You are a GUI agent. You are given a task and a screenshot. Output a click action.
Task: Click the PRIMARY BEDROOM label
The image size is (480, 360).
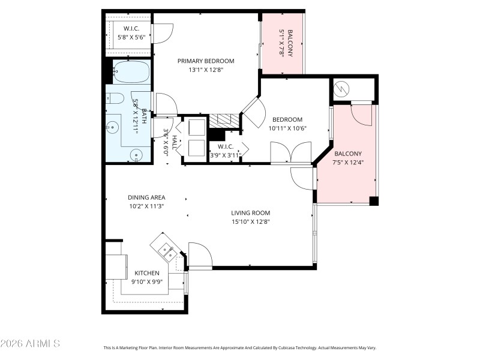205,61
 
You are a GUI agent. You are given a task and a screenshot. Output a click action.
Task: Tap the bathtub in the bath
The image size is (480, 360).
131,73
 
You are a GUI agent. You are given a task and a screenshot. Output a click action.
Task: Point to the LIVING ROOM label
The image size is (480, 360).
251,213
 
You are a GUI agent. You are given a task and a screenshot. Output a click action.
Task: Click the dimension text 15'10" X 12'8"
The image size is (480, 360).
251,221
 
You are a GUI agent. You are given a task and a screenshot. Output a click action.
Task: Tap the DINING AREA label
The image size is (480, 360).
146,197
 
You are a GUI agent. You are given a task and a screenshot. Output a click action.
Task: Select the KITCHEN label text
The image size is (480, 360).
146,273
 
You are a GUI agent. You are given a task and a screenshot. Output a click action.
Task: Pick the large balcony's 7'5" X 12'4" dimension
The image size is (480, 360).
348,162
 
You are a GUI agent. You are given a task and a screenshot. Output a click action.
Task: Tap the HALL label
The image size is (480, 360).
174,142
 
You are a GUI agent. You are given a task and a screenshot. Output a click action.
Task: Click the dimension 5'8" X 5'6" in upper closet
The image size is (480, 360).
131,37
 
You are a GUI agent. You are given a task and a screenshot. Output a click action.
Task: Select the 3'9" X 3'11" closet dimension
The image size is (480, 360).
226,155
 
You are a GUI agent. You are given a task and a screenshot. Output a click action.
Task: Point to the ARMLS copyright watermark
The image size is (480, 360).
30,344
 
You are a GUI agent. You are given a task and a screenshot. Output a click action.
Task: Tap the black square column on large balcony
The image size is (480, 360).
374,201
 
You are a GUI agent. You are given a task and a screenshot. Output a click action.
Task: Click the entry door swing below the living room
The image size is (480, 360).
200,254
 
